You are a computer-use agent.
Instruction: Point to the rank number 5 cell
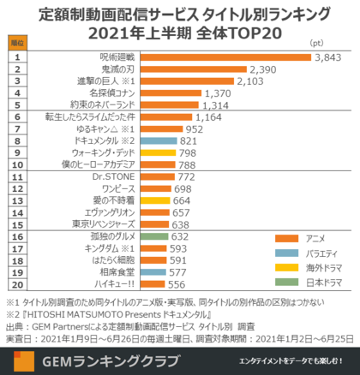point(16,104)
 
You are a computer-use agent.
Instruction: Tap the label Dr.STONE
point(117,177)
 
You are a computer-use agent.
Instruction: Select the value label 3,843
point(329,57)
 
